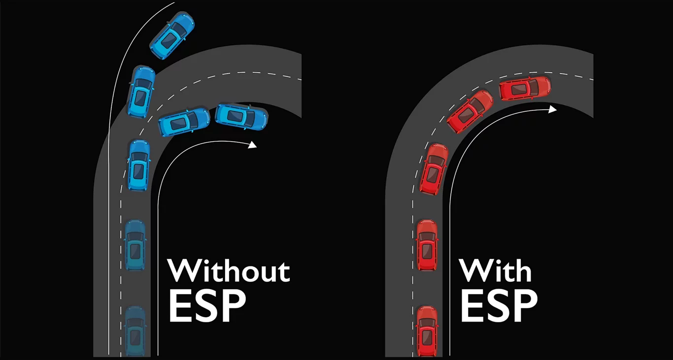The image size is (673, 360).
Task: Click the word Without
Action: point(229,270)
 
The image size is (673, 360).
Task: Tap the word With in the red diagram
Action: point(496,270)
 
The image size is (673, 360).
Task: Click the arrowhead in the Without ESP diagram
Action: point(253,144)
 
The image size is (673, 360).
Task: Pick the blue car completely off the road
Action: point(172,35)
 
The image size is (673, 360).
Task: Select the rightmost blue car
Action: point(241,117)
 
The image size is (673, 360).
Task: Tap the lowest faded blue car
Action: point(135,330)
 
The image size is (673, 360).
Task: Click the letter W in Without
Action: point(185,270)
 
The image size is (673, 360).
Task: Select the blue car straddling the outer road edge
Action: point(141,91)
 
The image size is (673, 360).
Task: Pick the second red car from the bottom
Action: point(427,245)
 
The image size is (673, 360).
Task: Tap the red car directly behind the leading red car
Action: point(470,111)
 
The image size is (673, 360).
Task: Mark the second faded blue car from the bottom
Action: point(135,245)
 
